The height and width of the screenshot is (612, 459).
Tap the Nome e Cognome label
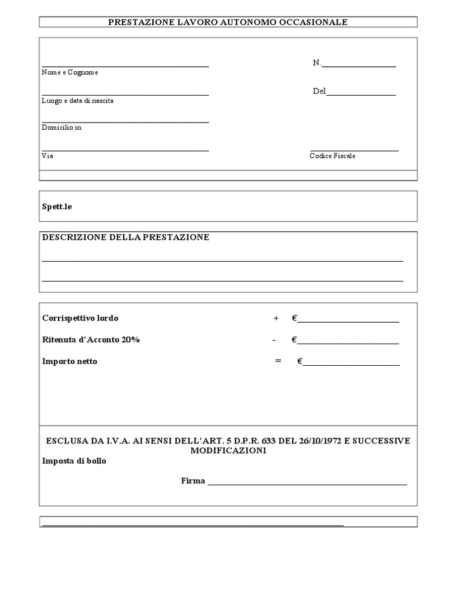pos(70,72)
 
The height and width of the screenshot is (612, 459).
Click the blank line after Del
pos(361,94)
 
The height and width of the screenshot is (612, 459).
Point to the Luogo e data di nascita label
pos(78,100)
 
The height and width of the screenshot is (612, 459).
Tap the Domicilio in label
pos(62,128)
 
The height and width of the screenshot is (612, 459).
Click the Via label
pos(47,156)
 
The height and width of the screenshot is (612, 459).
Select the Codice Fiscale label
pos(332,156)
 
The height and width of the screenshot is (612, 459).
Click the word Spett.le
pos(57,206)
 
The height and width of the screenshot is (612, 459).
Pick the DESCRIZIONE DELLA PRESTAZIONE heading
pos(126,237)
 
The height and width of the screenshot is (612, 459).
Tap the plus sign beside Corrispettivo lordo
pos(276,318)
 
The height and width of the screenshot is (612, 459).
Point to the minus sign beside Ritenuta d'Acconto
pos(274,340)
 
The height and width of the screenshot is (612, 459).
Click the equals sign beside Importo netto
pos(278,361)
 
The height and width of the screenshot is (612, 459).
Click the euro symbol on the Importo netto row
pos(299,361)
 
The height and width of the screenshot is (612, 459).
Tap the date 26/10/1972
pos(321,441)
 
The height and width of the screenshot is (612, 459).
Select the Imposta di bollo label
pos(74,461)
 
